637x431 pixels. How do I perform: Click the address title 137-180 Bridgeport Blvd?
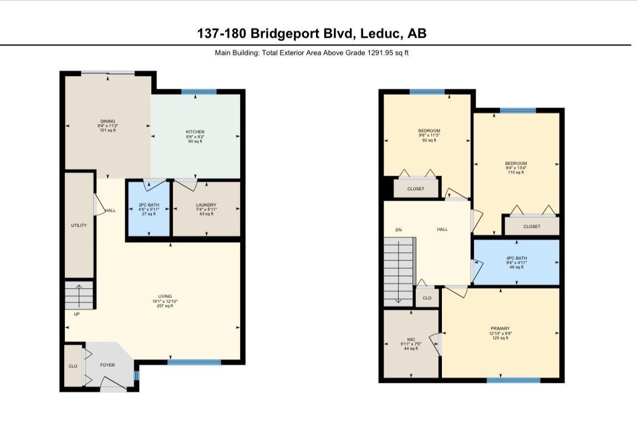312,33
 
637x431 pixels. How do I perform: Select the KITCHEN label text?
195,132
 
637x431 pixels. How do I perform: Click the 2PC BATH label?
149,205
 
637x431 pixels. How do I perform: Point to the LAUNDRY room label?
206,205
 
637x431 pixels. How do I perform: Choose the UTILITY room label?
79,225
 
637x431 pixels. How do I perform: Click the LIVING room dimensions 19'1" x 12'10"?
165,301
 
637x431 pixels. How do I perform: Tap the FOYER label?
108,366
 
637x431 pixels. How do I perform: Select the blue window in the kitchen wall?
198,91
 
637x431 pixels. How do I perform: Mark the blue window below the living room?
194,362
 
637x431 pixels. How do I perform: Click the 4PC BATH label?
516,258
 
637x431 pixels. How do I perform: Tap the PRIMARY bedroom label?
500,329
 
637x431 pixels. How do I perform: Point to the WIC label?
411,340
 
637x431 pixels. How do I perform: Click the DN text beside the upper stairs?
398,229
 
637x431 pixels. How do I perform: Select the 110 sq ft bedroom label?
516,163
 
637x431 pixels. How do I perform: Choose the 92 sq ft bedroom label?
429,131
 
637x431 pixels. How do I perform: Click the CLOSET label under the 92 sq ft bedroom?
415,189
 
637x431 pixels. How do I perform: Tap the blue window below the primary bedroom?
513,380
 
